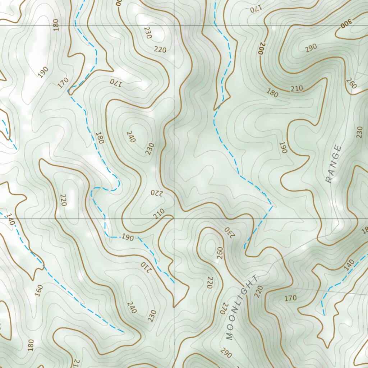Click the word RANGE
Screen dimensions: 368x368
333,164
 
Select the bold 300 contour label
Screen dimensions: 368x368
346,23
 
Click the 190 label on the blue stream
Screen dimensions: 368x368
128,237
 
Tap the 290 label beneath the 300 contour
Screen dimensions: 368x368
311,47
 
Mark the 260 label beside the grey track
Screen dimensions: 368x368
351,83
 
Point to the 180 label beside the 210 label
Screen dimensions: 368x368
272,93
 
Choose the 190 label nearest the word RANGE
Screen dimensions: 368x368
283,147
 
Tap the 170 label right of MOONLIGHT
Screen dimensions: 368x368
290,298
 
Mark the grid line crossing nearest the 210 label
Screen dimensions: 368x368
175,218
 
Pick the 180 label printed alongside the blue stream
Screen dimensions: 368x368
100,138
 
